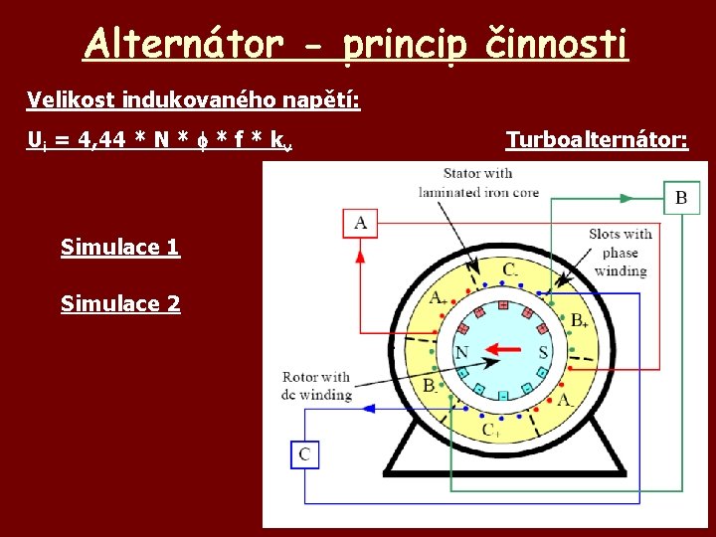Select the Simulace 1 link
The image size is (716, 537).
pyautogui.click(x=120, y=247)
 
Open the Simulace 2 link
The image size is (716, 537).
pyautogui.click(x=120, y=303)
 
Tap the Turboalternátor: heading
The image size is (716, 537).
pyautogui.click(x=597, y=140)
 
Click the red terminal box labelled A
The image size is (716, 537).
pyautogui.click(x=360, y=223)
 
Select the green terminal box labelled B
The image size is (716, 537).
pyautogui.click(x=680, y=197)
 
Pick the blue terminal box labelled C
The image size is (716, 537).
pyautogui.click(x=304, y=454)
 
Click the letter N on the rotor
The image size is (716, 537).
pyautogui.click(x=461, y=352)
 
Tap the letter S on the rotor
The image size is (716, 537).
pyautogui.click(x=543, y=352)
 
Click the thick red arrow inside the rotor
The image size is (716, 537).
pyautogui.click(x=503, y=350)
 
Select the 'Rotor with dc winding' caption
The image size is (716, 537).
pyautogui.click(x=316, y=386)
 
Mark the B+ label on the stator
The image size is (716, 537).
pyautogui.click(x=580, y=320)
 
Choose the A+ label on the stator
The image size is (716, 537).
pyautogui.click(x=438, y=297)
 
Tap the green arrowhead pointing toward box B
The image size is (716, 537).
pyautogui.click(x=626, y=198)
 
